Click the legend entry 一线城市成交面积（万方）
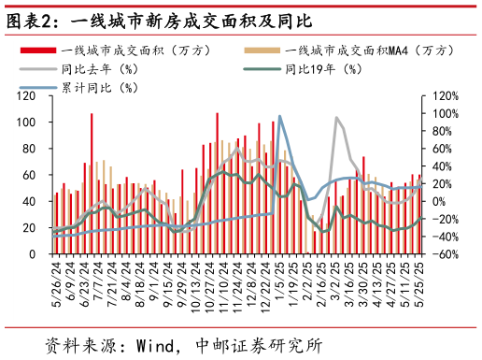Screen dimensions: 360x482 tap(122, 50)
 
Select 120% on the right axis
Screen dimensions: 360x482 tap(444, 96)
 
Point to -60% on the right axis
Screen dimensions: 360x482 tap(442, 253)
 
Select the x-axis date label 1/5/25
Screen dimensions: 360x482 tap(279, 276)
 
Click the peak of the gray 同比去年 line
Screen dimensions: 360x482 tap(336, 118)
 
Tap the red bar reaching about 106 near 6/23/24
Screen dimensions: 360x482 tap(92, 183)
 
